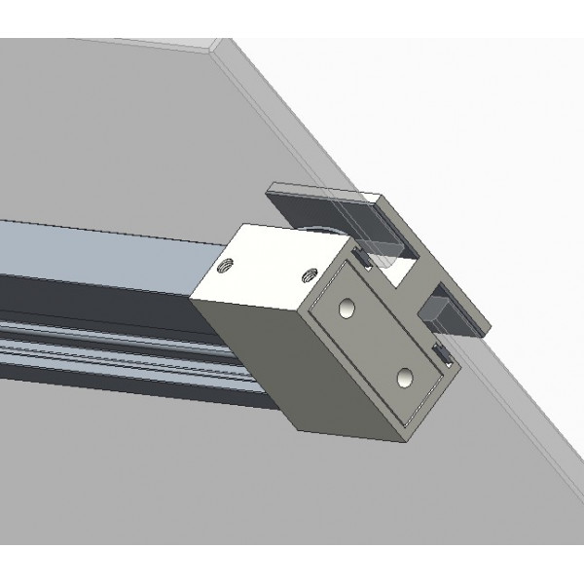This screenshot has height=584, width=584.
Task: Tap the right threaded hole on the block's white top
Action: point(310,274)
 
